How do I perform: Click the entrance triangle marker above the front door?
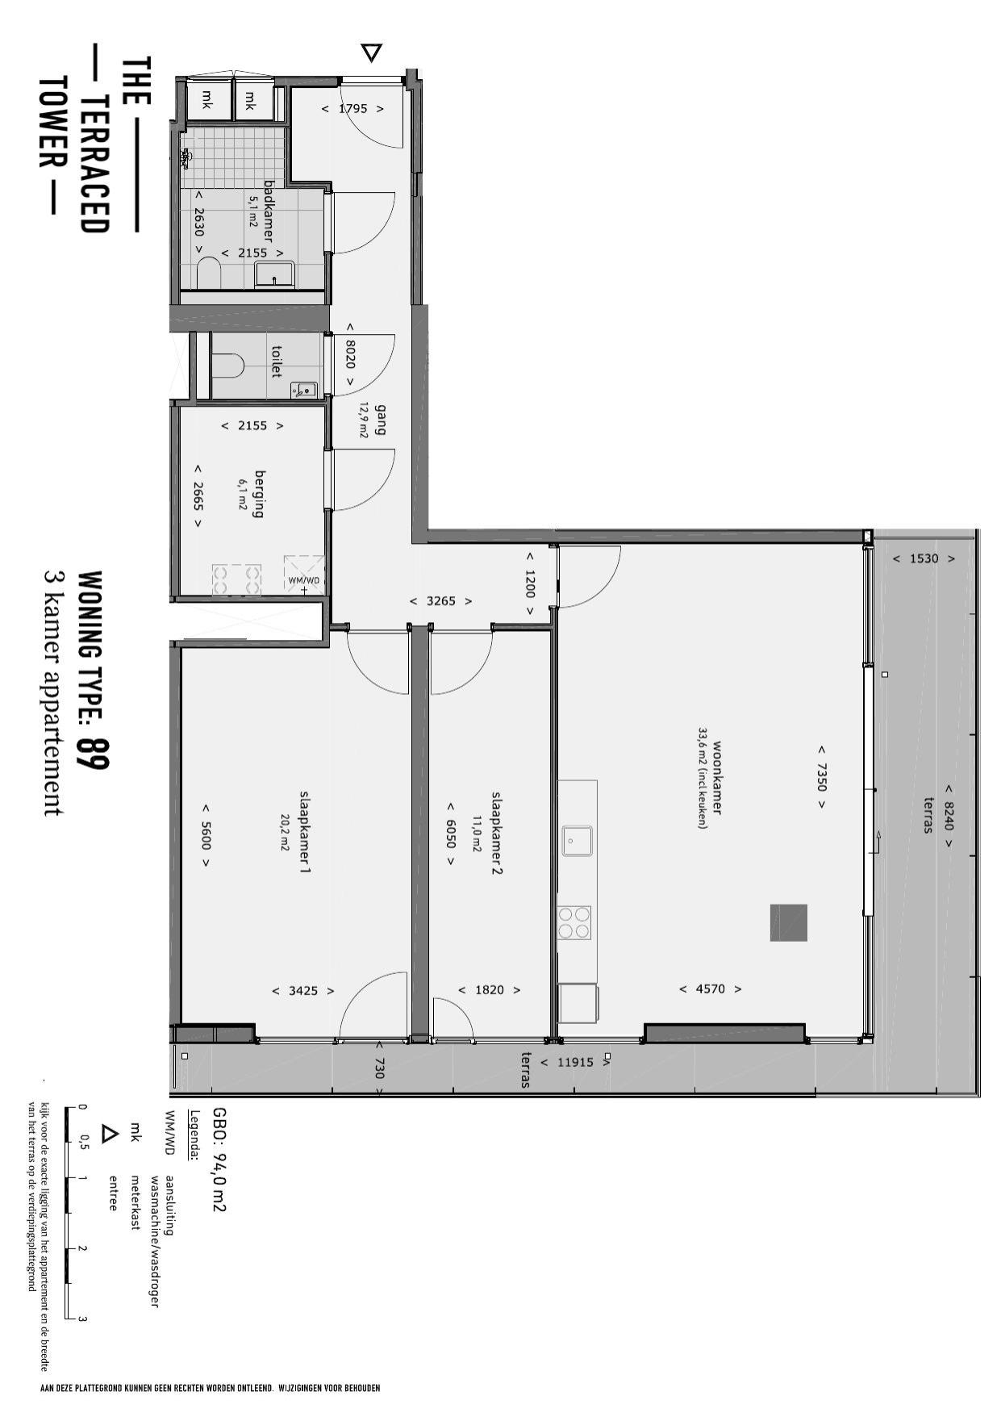pos(371,53)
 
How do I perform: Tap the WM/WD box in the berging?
pos(304,575)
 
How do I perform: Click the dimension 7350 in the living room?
pos(822,779)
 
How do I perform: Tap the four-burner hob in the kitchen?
pos(573,922)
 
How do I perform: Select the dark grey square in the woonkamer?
pos(788,922)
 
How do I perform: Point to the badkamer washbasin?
pos(275,274)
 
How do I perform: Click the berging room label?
pos(259,494)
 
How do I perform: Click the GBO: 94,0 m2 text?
pos(218,1159)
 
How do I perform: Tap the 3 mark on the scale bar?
pos(83,1319)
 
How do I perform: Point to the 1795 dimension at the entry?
pos(353,108)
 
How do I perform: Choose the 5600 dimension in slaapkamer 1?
pos(206,835)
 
